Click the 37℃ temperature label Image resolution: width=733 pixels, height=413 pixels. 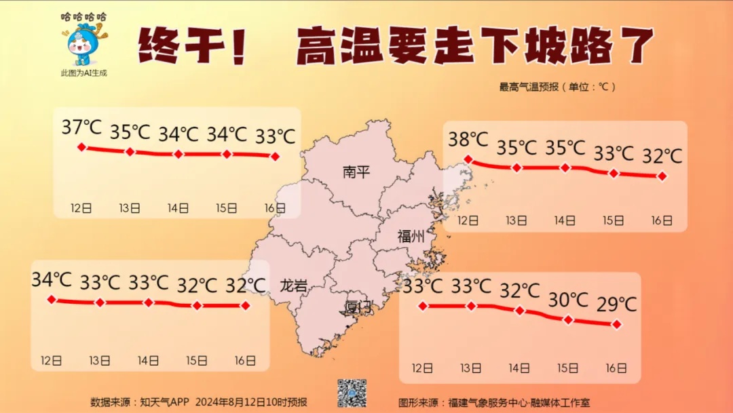tap(81, 127)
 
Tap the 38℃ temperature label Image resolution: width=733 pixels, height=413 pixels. tap(468, 140)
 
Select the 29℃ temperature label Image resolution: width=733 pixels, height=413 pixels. tap(617, 304)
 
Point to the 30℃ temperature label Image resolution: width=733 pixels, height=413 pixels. tap(569, 298)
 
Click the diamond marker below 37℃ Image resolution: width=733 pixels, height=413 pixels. tap(81, 147)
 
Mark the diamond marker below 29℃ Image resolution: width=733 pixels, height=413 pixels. tap(617, 324)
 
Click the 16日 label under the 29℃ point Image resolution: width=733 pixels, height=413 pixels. tap(616, 368)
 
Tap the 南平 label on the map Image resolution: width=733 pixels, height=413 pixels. tap(356, 172)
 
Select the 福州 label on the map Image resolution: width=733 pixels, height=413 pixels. tap(411, 237)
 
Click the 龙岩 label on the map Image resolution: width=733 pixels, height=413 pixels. tap(293, 286)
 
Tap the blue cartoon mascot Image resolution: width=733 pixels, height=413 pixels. tap(84, 45)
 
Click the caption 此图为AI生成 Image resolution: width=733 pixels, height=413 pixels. tap(84, 73)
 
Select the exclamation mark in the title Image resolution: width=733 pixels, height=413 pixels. tap(237, 46)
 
